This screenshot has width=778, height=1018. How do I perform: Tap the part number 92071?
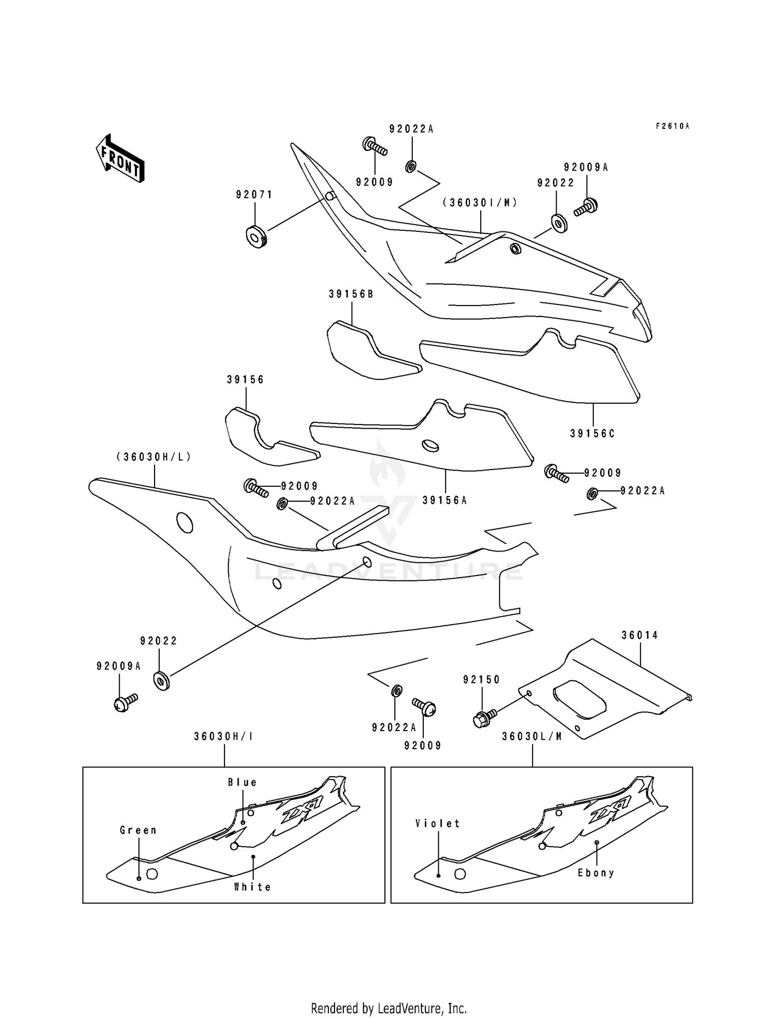(254, 195)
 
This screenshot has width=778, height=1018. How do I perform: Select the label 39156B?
(351, 294)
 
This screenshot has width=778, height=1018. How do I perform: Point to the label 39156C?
(592, 433)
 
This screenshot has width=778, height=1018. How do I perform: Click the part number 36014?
(640, 635)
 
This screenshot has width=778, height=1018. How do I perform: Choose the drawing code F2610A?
(673, 126)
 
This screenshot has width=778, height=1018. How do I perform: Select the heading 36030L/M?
(532, 736)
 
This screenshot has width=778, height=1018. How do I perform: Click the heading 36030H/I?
(224, 736)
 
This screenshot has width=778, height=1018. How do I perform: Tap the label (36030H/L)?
(154, 457)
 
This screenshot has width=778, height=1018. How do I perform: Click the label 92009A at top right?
(586, 168)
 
